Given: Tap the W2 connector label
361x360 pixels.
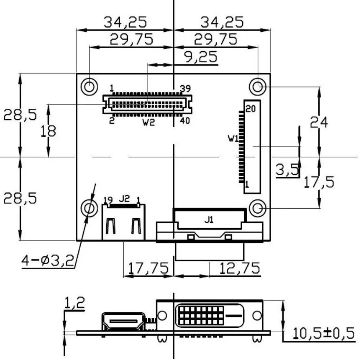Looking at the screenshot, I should (x=148, y=123).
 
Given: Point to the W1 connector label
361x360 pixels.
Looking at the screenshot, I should (x=233, y=138).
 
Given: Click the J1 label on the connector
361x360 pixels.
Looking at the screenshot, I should (x=209, y=220).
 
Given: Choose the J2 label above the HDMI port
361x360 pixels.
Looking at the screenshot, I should (x=124, y=199).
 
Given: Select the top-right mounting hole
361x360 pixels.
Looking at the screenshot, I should (x=258, y=87).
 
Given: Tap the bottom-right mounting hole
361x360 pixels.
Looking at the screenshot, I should (x=258, y=208).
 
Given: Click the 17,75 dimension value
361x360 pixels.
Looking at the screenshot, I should (x=148, y=268).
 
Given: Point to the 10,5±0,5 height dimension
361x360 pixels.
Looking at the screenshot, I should (x=323, y=333).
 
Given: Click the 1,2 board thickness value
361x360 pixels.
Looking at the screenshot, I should (x=74, y=302).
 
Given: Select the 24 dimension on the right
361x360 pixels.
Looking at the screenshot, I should (x=319, y=122).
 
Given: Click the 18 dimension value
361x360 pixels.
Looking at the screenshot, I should (x=49, y=131).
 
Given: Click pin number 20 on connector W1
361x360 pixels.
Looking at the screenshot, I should (x=250, y=108).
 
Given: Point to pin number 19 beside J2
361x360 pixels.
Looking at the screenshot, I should (x=108, y=199).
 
